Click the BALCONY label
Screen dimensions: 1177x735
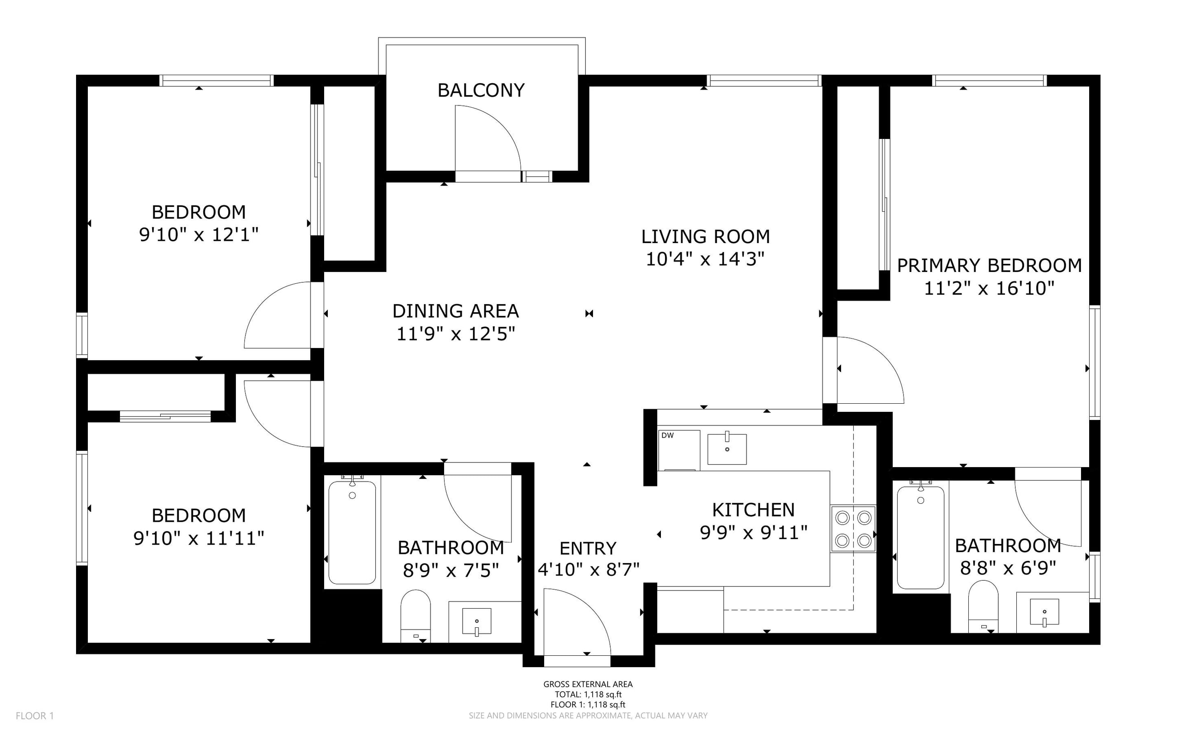(481, 91)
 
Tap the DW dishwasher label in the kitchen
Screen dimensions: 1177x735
(668, 435)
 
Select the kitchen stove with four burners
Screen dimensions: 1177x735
(853, 529)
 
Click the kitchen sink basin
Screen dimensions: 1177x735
(727, 449)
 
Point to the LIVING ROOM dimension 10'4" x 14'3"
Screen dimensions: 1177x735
(705, 259)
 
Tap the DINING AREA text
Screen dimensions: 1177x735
(455, 311)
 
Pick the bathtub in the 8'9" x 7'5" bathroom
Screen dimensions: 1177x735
(352, 532)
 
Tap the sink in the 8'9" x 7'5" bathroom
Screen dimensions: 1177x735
(476, 621)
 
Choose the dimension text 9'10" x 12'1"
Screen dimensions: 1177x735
(198, 235)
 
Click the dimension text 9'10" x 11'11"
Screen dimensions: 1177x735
(198, 538)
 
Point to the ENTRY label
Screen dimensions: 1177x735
(588, 549)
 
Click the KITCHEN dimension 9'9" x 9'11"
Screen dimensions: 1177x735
(754, 533)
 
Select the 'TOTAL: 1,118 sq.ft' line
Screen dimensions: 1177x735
(588, 695)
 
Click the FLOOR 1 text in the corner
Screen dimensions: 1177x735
(34, 716)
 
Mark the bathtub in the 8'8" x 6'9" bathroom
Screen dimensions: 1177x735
(920, 537)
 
